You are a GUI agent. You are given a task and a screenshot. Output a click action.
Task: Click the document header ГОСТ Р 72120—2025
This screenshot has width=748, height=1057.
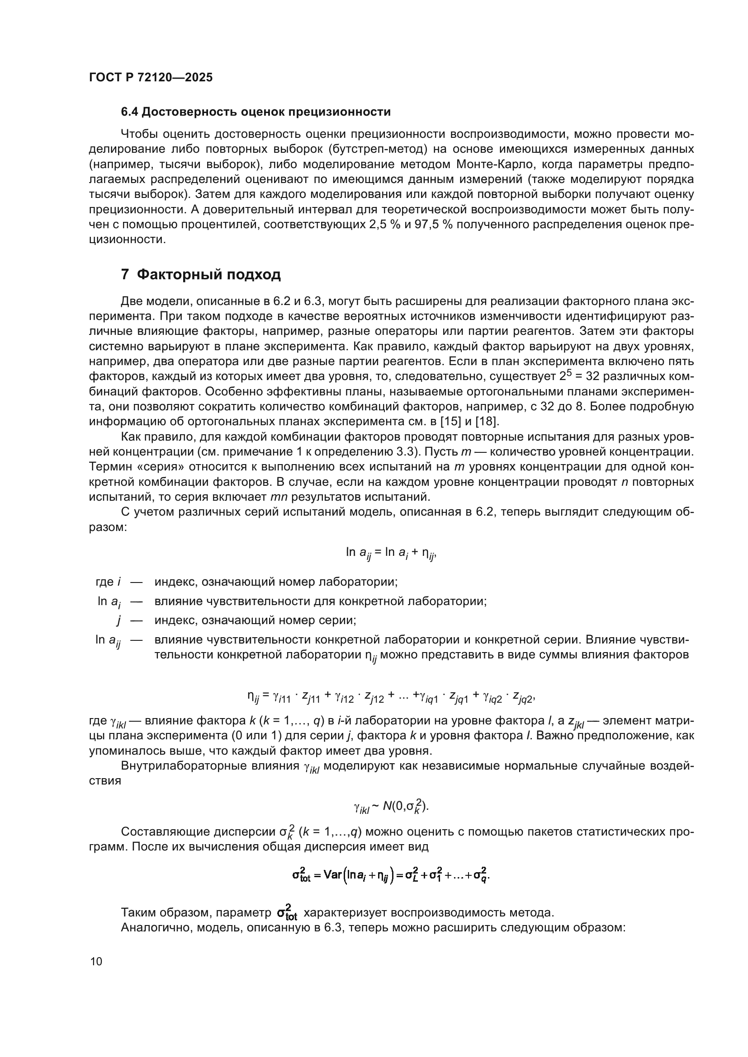[x=151, y=77]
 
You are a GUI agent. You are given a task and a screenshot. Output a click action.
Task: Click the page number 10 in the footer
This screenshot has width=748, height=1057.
[x=96, y=961]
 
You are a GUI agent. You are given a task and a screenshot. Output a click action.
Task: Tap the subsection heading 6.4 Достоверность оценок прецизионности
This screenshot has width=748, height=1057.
[x=256, y=112]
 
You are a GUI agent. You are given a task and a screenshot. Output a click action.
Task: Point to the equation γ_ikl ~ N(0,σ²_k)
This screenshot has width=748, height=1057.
[x=391, y=806]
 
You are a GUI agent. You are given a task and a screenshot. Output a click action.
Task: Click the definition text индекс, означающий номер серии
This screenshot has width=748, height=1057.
[x=255, y=620]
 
